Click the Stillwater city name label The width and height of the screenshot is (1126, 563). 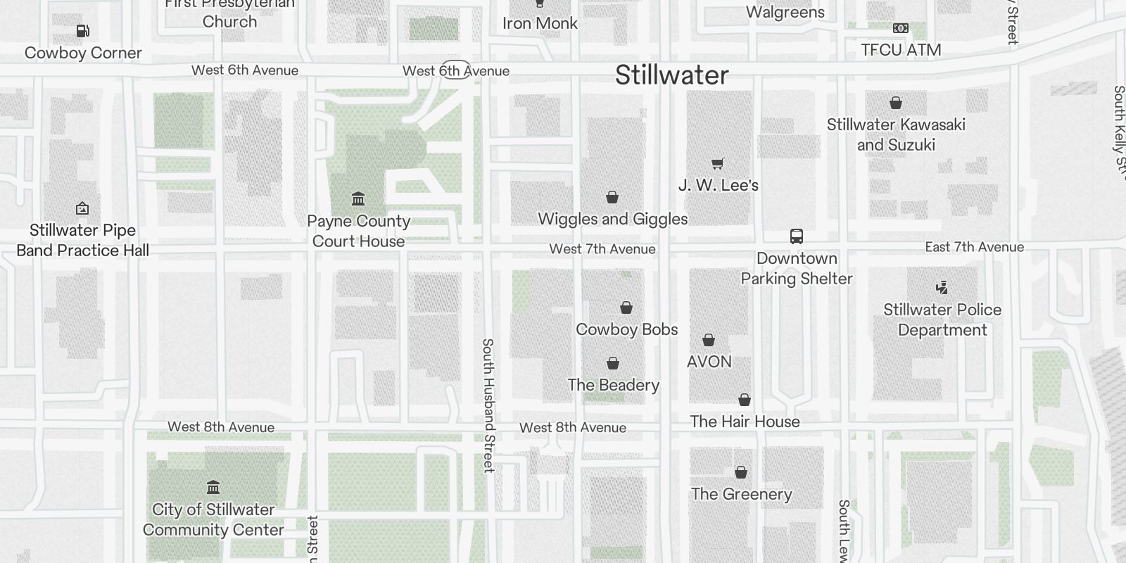pyautogui.click(x=671, y=75)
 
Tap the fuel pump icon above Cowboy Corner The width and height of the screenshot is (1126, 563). pyautogui.click(x=82, y=31)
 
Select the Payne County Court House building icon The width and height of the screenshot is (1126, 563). pyautogui.click(x=358, y=198)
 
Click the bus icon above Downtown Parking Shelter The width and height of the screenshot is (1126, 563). pyautogui.click(x=797, y=236)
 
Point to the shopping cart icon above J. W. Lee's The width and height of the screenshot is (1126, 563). pyautogui.click(x=718, y=163)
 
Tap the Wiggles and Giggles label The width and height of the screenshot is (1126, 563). pyautogui.click(x=612, y=219)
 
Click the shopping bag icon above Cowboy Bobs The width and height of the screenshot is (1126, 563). pyautogui.click(x=626, y=308)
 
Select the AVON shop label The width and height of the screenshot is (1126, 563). pyautogui.click(x=709, y=362)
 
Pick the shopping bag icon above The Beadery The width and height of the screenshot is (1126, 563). pyautogui.click(x=613, y=363)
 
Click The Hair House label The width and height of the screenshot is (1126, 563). pyautogui.click(x=745, y=422)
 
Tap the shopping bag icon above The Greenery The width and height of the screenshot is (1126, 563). pyautogui.click(x=741, y=472)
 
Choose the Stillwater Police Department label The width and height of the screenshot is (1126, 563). pyautogui.click(x=942, y=320)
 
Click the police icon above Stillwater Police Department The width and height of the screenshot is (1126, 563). pyautogui.click(x=942, y=287)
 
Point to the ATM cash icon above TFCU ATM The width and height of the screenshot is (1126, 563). pyautogui.click(x=900, y=28)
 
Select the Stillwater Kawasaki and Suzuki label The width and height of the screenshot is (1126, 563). pyautogui.click(x=896, y=134)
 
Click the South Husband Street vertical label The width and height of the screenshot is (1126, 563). pyautogui.click(x=488, y=405)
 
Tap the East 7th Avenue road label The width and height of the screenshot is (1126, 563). pyautogui.click(x=974, y=247)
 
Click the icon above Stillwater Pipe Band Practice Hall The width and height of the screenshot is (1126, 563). pyautogui.click(x=82, y=208)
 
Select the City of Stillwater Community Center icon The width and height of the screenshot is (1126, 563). pyautogui.click(x=213, y=487)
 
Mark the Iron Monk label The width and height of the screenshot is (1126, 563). pyautogui.click(x=540, y=23)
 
